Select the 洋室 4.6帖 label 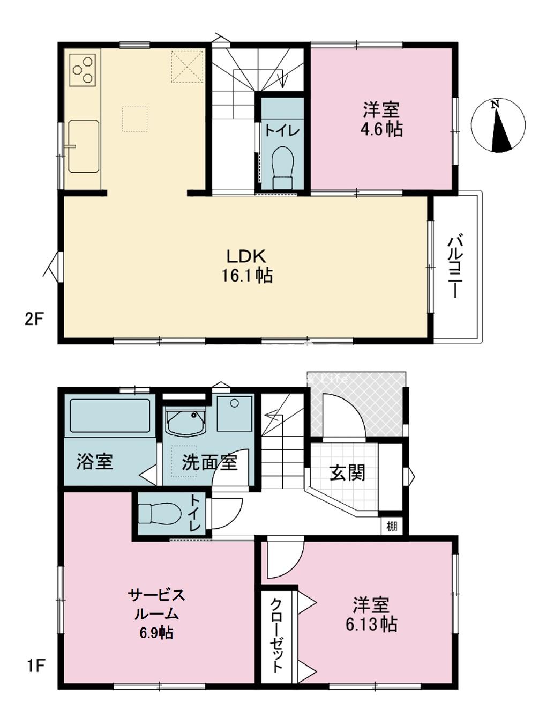click(x=381, y=120)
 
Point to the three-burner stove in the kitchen click(x=84, y=69)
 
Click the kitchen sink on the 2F click(x=84, y=146)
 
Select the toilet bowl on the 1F click(x=159, y=514)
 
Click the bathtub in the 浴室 click(x=110, y=416)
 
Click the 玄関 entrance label click(x=347, y=473)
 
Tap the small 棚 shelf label click(x=392, y=527)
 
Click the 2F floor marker click(x=33, y=320)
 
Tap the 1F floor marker click(x=35, y=667)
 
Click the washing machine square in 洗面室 click(x=234, y=414)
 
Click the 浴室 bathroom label click(x=95, y=462)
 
